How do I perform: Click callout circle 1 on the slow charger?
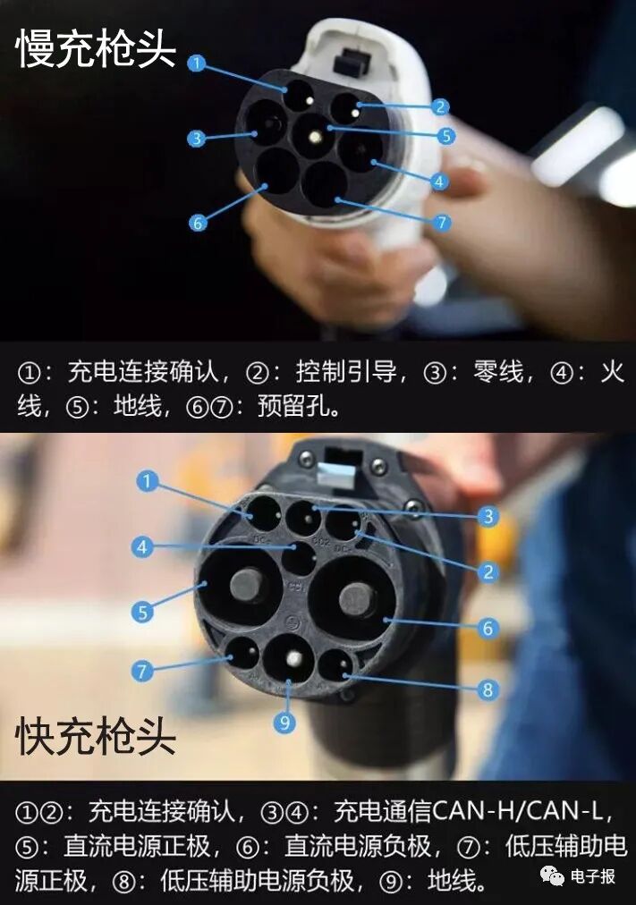pyautogui.click(x=197, y=63)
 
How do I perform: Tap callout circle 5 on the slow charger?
pyautogui.click(x=445, y=136)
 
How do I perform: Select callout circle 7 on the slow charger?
pyautogui.click(x=442, y=222)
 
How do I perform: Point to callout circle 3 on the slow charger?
pyautogui.click(x=197, y=139)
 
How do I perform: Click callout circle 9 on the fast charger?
pyautogui.click(x=284, y=722)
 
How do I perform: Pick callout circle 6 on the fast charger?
pyautogui.click(x=488, y=628)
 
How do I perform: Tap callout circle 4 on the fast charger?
pyautogui.click(x=142, y=546)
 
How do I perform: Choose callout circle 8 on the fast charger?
pyautogui.click(x=488, y=689)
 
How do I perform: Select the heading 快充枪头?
pyautogui.click(x=96, y=737)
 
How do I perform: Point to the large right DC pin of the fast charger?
pyautogui.click(x=356, y=598)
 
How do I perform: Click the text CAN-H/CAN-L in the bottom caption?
pyautogui.click(x=520, y=812)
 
